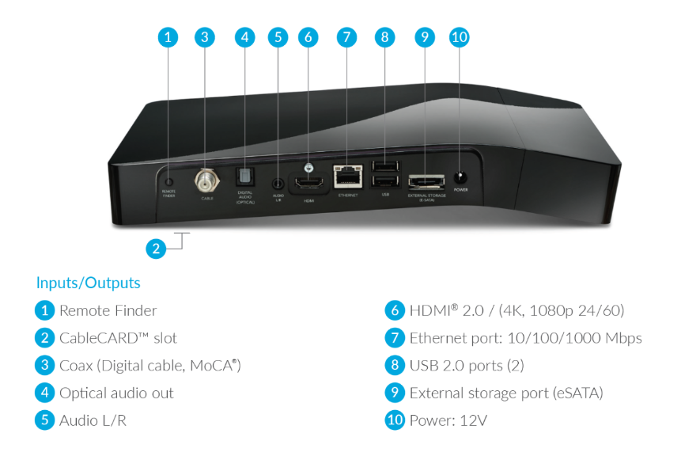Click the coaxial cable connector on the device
208,180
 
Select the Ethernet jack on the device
347,175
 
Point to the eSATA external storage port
426,180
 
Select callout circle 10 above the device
460,36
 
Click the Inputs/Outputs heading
88,283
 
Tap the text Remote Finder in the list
108,310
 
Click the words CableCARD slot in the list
118,338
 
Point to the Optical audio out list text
116,393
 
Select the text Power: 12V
448,420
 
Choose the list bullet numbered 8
395,366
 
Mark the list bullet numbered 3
45,366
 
